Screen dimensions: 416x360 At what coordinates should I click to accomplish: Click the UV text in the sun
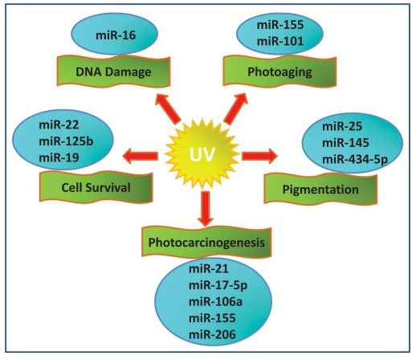click(202, 154)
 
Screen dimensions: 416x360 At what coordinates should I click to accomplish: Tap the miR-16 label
click(116, 35)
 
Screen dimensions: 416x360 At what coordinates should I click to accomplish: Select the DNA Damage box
click(113, 72)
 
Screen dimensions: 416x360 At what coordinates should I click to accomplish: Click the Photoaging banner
click(279, 72)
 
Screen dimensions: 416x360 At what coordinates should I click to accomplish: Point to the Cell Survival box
click(96, 187)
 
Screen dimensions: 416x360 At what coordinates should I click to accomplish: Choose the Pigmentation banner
click(320, 189)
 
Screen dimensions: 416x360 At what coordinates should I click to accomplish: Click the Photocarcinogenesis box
click(206, 242)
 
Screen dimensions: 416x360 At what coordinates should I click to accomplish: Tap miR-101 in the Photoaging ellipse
click(280, 41)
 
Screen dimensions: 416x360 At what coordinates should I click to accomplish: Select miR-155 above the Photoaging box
click(280, 25)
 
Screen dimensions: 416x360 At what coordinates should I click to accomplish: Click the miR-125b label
click(66, 141)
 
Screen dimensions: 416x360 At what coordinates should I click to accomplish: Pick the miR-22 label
click(59, 125)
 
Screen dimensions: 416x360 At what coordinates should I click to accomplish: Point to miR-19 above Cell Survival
click(59, 157)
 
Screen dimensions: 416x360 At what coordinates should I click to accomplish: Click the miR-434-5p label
click(355, 160)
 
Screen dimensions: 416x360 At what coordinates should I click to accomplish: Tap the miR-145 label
click(345, 143)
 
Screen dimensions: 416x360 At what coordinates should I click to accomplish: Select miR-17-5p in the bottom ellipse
click(218, 285)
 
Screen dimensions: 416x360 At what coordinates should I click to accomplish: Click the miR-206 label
click(212, 334)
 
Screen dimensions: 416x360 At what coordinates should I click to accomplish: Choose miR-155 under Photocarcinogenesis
click(212, 318)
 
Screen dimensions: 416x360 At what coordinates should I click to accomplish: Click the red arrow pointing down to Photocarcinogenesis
click(206, 209)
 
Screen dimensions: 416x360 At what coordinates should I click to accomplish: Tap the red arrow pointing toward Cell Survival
click(140, 156)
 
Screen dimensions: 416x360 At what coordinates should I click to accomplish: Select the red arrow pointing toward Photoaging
click(235, 108)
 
